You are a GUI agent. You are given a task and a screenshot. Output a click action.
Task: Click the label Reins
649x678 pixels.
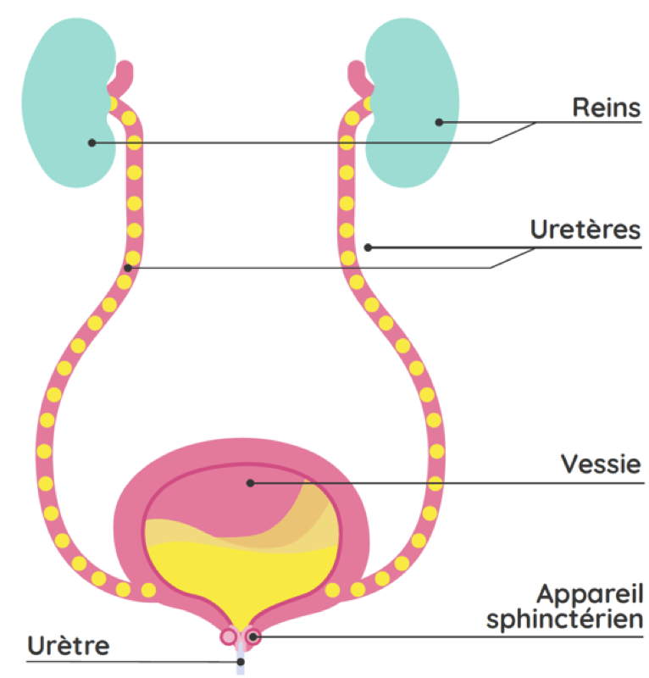[x=605, y=108]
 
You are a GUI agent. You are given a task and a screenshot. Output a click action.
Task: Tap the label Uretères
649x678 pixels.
[x=585, y=230]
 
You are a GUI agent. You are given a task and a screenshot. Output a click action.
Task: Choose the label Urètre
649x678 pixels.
[x=68, y=646]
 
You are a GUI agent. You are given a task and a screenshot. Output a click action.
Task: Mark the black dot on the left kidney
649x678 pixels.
[x=92, y=142]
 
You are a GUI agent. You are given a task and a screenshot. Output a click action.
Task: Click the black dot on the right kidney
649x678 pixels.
[x=439, y=122]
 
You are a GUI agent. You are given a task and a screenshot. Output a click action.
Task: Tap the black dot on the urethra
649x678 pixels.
[x=241, y=661]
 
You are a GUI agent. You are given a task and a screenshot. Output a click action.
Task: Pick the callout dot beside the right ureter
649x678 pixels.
[x=368, y=247]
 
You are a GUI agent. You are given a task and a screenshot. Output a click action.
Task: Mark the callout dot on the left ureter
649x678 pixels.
[x=128, y=268]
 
